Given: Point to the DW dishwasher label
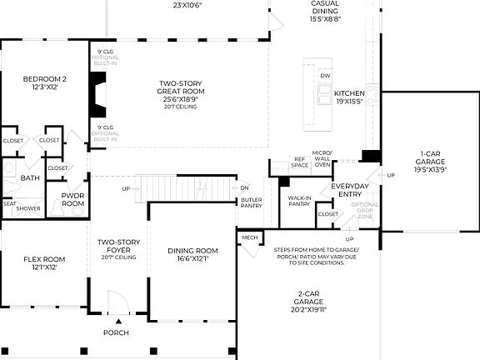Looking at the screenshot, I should point(325,76).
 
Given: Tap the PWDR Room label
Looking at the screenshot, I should point(73,200).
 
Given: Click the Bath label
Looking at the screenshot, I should point(30,177).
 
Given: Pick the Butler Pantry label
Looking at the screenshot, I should point(252,202).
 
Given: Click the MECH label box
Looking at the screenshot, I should point(250,237).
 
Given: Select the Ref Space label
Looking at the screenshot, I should point(300,162).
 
